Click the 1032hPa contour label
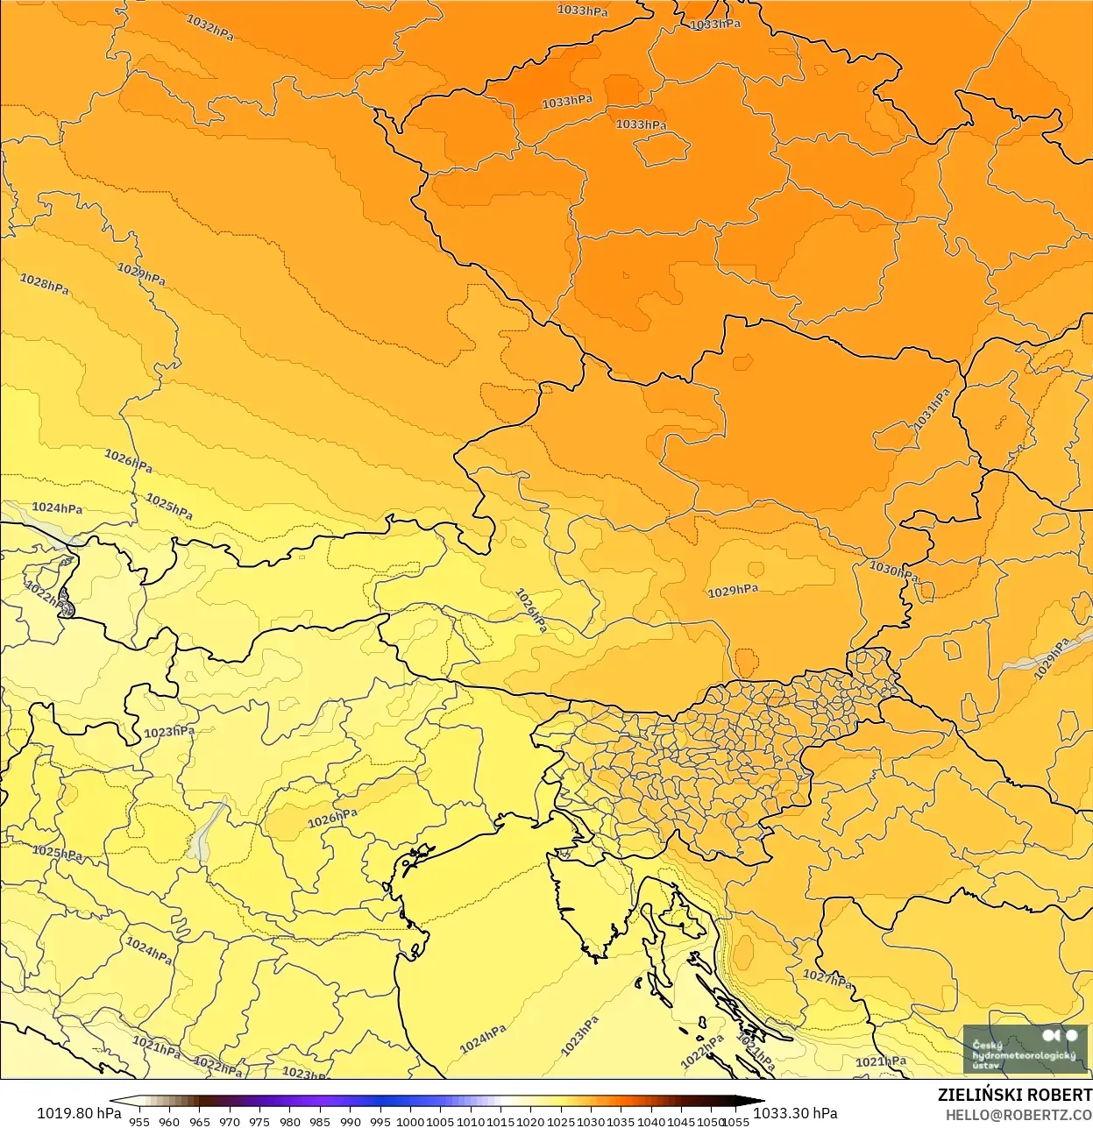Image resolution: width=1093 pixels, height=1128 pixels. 210,27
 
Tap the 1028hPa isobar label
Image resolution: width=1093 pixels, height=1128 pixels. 45,284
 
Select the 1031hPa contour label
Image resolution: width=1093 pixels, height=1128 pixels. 932,409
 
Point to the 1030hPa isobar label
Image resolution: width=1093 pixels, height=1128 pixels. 892,571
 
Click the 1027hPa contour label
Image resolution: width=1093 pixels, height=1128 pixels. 827,978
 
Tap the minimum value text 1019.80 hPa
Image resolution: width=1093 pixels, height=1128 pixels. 79,1113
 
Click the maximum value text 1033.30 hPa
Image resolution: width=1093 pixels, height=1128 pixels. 795,1113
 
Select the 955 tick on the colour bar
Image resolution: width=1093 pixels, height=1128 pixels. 139,1121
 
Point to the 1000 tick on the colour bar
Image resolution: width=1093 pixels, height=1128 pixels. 410,1121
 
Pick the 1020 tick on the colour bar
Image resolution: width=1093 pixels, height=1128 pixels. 531,1121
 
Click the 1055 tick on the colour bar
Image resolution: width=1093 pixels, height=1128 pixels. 736,1121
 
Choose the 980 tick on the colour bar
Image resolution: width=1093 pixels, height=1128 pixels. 290,1121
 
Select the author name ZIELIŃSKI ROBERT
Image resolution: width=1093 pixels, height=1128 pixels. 1014,1095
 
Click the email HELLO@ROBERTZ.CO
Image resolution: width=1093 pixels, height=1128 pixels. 1018,1115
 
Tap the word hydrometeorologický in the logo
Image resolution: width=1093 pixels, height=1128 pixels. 1023,1055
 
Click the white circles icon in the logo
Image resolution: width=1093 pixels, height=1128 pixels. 1060,1036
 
